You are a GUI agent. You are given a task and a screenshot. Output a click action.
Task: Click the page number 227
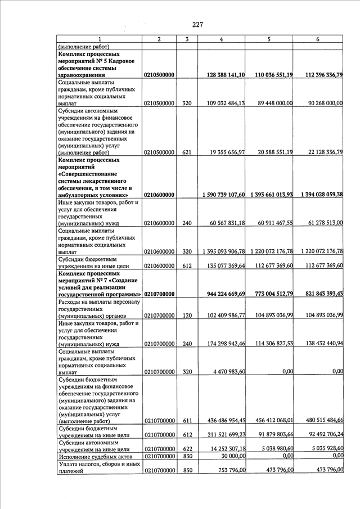coord(197,24)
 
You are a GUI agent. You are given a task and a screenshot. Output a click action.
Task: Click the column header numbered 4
coord(221,39)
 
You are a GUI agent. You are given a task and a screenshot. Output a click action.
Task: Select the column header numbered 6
coord(318,39)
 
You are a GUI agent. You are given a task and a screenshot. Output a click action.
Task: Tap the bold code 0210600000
coord(160,195)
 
